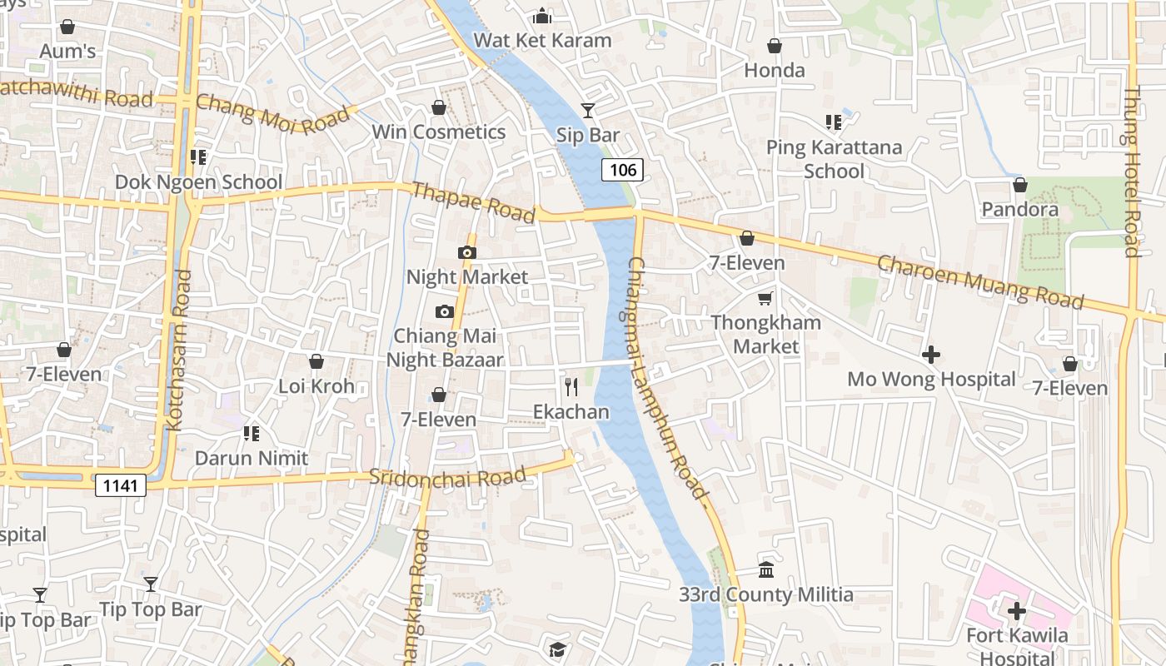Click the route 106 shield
pos(622,171)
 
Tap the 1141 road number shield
pos(121,485)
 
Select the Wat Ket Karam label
pos(542,40)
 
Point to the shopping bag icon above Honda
pos(775,46)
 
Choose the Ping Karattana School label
pos(834,159)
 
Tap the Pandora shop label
pos(1019,209)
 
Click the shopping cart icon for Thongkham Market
pos(765,298)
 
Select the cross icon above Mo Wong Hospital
pos(931,355)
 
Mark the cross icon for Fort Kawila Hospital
pos(1016,612)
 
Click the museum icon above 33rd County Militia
pos(766,570)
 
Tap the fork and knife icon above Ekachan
pos(571,387)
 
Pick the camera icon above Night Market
pos(466,252)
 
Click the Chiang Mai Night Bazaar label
pos(445,348)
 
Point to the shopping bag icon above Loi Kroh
pos(316,361)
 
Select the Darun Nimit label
pos(252,458)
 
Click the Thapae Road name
pos(473,202)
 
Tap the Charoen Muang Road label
pos(980,281)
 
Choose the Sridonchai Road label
pos(447,477)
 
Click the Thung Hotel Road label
pos(1131,171)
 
